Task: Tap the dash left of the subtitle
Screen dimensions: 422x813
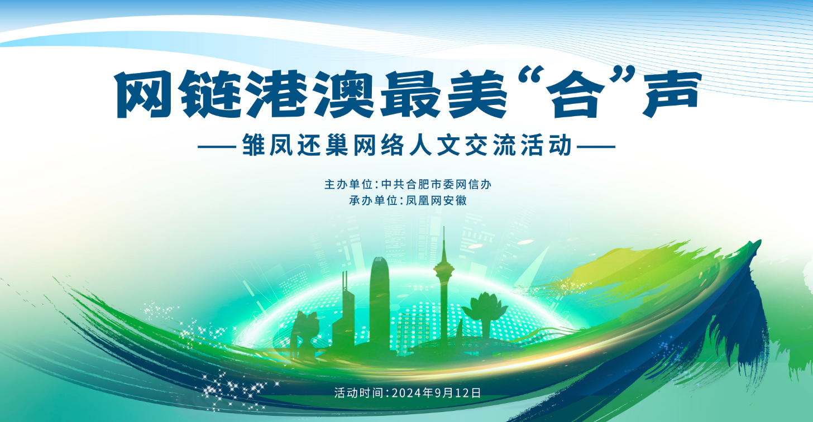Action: click(218, 147)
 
